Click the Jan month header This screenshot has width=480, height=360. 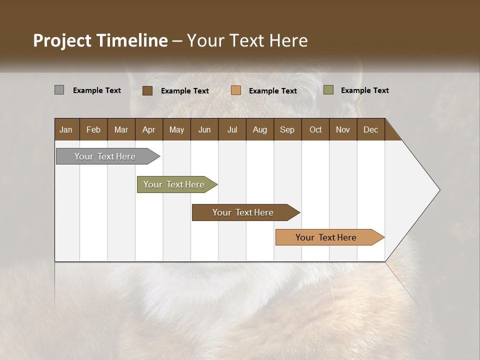[x=66, y=129]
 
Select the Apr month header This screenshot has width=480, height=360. [x=148, y=129]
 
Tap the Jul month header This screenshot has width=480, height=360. [x=232, y=129]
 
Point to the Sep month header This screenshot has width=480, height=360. [x=287, y=129]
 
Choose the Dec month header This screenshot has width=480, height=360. [x=370, y=129]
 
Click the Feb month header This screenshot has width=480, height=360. [x=93, y=129]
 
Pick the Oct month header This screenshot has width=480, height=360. [x=315, y=129]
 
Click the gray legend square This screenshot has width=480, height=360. [x=59, y=90]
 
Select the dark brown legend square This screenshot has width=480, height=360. [x=147, y=90]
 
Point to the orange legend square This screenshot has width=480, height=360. [x=236, y=90]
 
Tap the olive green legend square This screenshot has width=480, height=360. [x=328, y=90]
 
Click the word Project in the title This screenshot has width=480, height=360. [x=62, y=40]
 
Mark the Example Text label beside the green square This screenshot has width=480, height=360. [x=364, y=90]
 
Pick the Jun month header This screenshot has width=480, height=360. [x=204, y=129]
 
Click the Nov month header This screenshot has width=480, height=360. [x=343, y=129]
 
